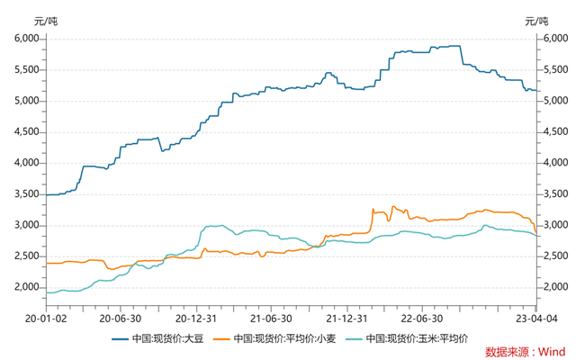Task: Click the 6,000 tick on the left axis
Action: pos(26,39)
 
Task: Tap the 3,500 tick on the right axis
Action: pos(551,193)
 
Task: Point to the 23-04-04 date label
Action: pos(536,318)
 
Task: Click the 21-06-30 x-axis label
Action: pos(270,318)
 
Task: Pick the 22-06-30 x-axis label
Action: pos(420,318)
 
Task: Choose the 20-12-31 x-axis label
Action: pos(195,318)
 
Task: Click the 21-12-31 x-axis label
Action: pos(346,318)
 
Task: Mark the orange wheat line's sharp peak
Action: pos(373,209)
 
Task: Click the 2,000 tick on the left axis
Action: pos(26,287)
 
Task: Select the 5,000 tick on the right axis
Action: pos(551,101)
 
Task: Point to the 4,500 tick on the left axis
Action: pos(26,131)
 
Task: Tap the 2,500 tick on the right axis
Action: pos(551,256)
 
